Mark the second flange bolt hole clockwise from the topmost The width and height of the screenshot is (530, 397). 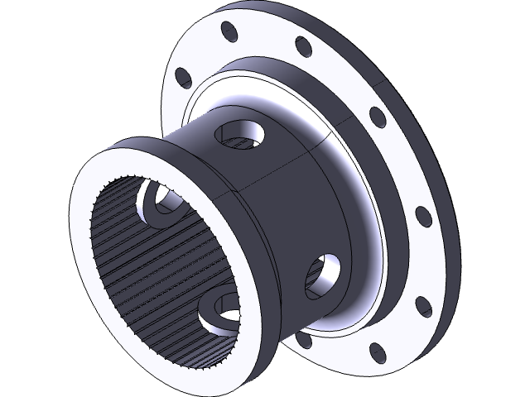pos(377,117)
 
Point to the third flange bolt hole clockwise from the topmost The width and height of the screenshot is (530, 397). pos(422,217)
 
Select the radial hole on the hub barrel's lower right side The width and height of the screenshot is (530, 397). pos(324,275)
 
